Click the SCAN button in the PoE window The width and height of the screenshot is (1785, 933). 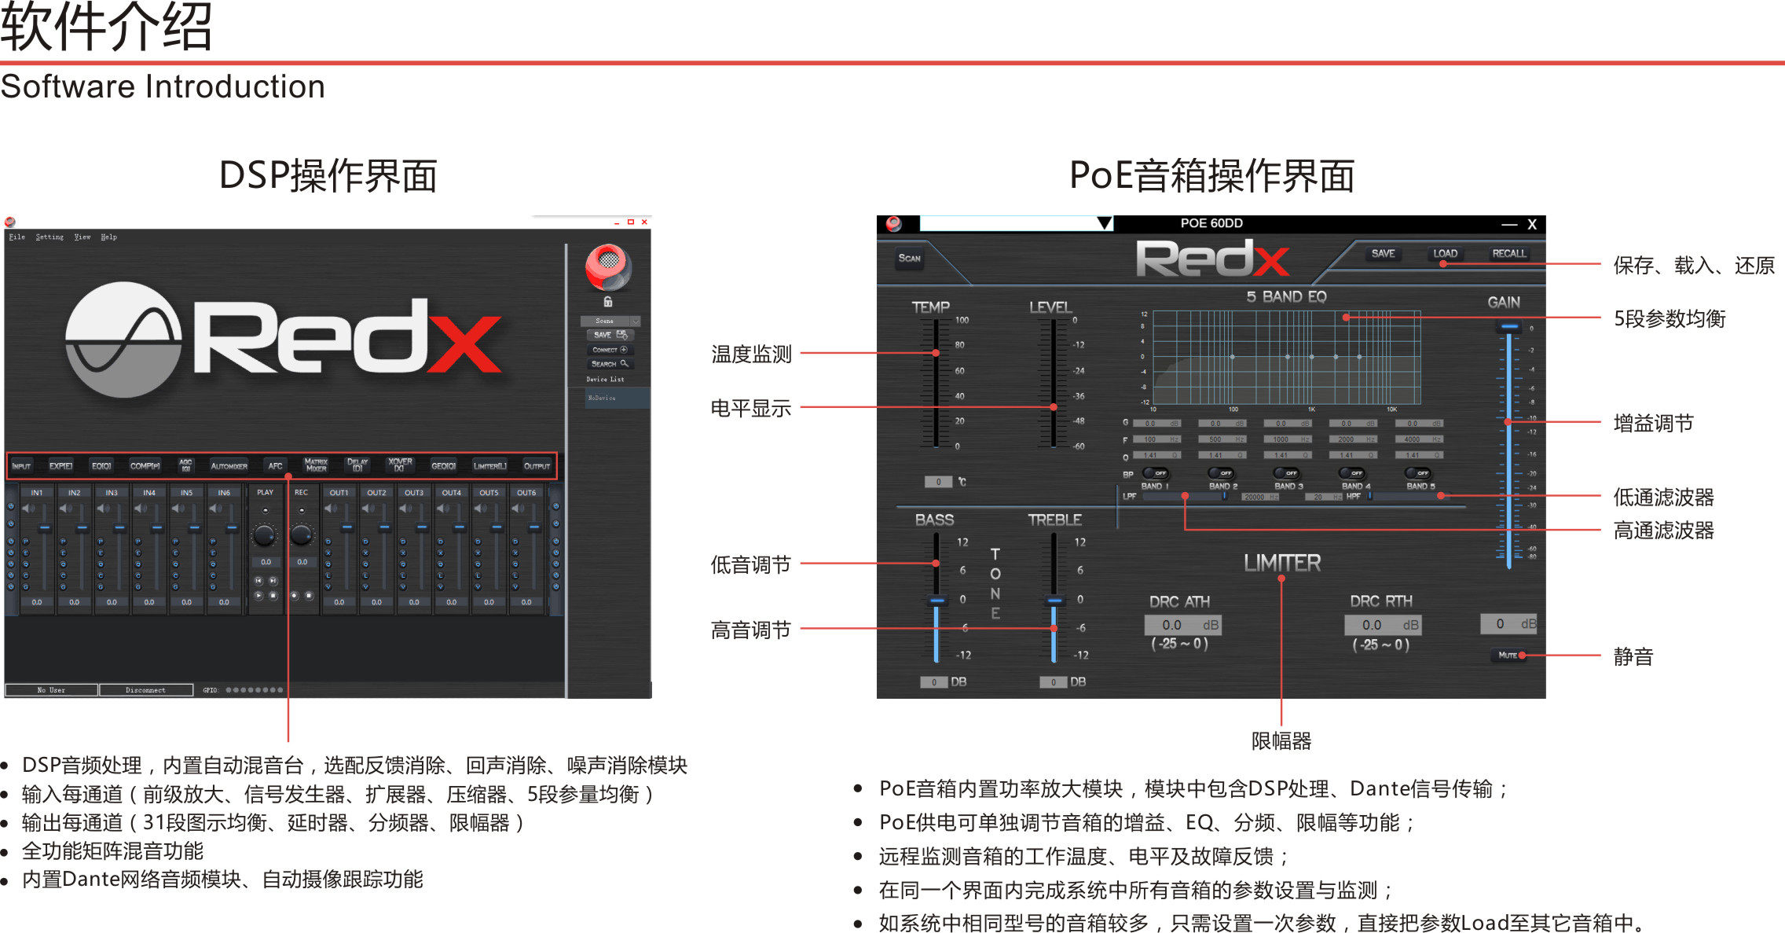click(909, 258)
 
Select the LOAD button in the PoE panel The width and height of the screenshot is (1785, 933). click(1445, 253)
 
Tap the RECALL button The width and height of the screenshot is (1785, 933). click(1508, 253)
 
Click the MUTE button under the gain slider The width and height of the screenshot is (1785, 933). click(1508, 655)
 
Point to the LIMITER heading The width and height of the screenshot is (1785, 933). click(1282, 563)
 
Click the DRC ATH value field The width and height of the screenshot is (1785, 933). click(1182, 625)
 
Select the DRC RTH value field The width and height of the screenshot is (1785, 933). click(1381, 625)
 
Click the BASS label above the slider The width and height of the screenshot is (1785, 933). click(934, 520)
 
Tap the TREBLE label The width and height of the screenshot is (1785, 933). click(1054, 520)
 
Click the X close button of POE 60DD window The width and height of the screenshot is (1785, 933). click(1531, 225)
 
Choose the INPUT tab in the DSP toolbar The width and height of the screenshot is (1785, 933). click(21, 466)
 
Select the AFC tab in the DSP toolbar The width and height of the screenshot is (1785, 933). click(275, 466)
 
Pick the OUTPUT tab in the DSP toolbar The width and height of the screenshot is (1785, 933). click(537, 466)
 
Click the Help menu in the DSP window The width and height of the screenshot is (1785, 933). click(108, 237)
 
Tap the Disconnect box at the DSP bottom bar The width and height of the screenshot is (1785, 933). click(145, 690)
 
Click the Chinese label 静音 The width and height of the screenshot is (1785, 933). click(1633, 656)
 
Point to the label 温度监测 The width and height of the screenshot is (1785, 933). click(751, 354)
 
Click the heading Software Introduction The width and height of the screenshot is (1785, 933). click(163, 86)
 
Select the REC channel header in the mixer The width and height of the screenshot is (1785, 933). click(301, 493)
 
